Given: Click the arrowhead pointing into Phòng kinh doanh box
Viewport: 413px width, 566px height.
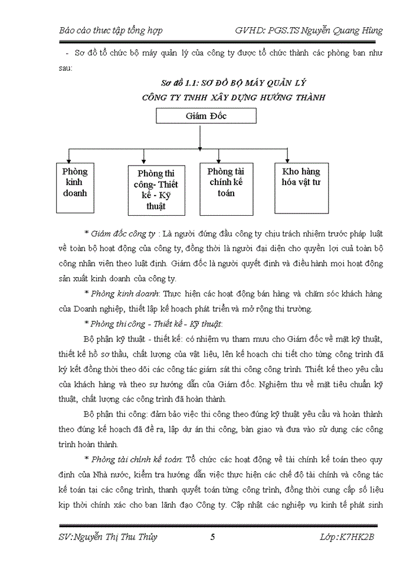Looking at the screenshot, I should point(70,159).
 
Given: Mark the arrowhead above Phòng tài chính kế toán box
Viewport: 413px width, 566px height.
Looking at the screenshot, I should point(219,159).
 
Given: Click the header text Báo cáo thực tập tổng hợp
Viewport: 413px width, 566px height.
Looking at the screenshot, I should point(112,31).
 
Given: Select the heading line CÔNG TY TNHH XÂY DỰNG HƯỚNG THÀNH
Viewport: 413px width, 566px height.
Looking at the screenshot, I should point(234,97).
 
